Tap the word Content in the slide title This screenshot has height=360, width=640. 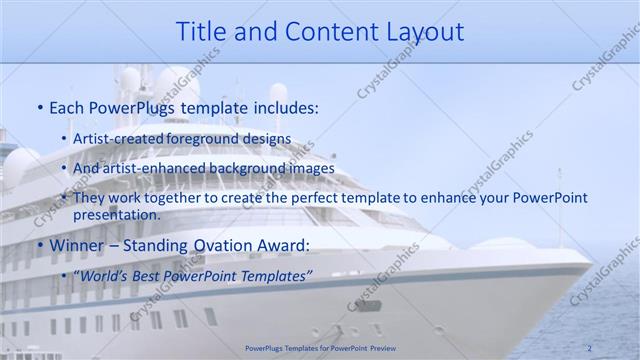point(328,31)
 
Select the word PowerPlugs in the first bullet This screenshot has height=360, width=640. point(130,107)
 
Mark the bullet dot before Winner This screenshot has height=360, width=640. point(39,245)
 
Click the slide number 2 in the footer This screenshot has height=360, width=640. point(589,348)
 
